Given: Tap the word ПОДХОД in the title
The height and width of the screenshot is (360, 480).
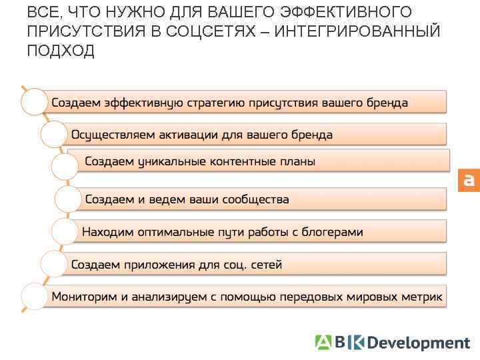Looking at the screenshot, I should click(61, 51).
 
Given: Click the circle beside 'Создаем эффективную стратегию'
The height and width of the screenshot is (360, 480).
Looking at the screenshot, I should click(35, 102).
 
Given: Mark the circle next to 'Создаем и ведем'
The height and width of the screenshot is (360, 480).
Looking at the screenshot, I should click(68, 199).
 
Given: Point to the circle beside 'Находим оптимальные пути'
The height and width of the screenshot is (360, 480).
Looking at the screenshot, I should click(65, 231).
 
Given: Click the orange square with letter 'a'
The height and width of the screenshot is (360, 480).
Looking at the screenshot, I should click(469, 180).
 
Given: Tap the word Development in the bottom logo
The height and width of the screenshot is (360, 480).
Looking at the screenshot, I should click(419, 343).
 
